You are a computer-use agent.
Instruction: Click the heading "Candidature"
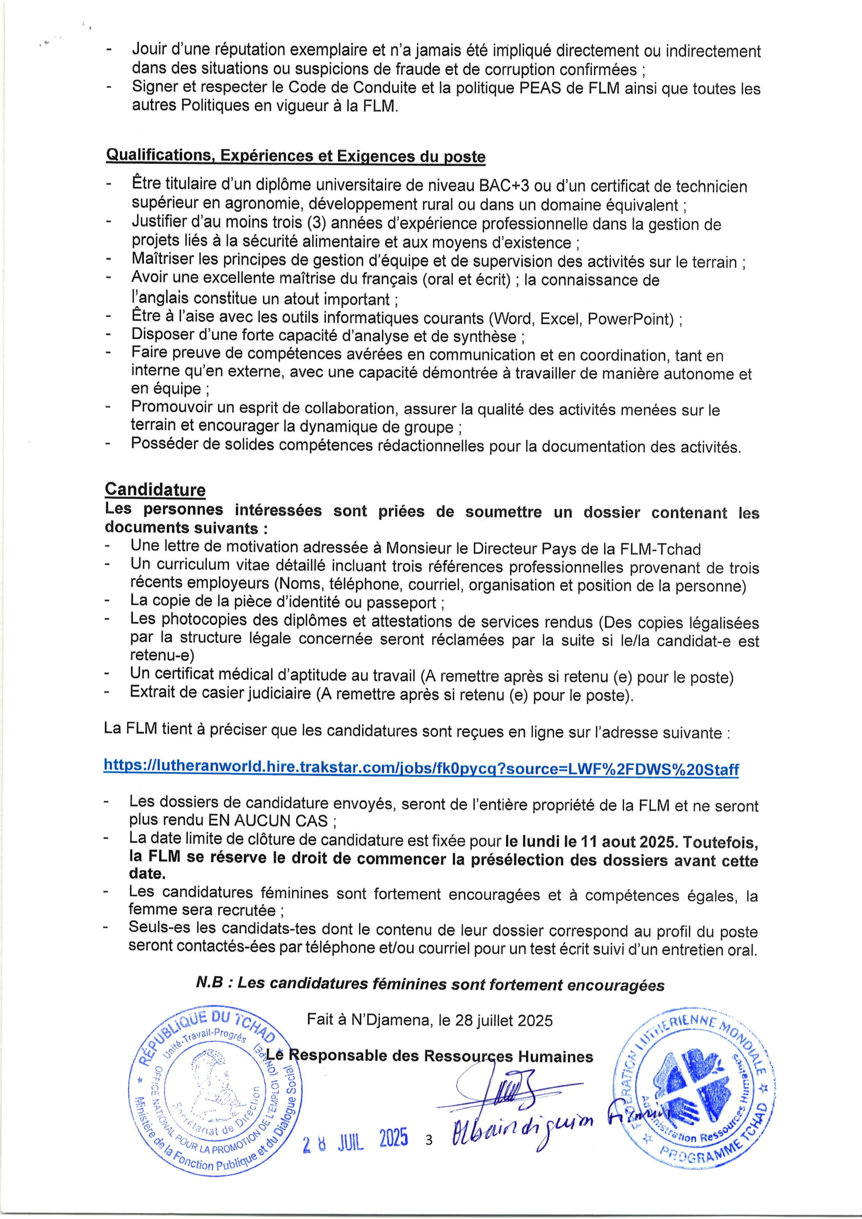[x=155, y=489]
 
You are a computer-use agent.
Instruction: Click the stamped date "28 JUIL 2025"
[x=355, y=1140]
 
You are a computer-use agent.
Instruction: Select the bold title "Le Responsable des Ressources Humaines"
[x=429, y=1056]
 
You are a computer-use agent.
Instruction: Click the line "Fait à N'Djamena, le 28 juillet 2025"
[x=429, y=1020]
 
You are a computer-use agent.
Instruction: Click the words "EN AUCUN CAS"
[x=267, y=821]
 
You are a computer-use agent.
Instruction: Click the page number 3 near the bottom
[x=429, y=1140]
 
